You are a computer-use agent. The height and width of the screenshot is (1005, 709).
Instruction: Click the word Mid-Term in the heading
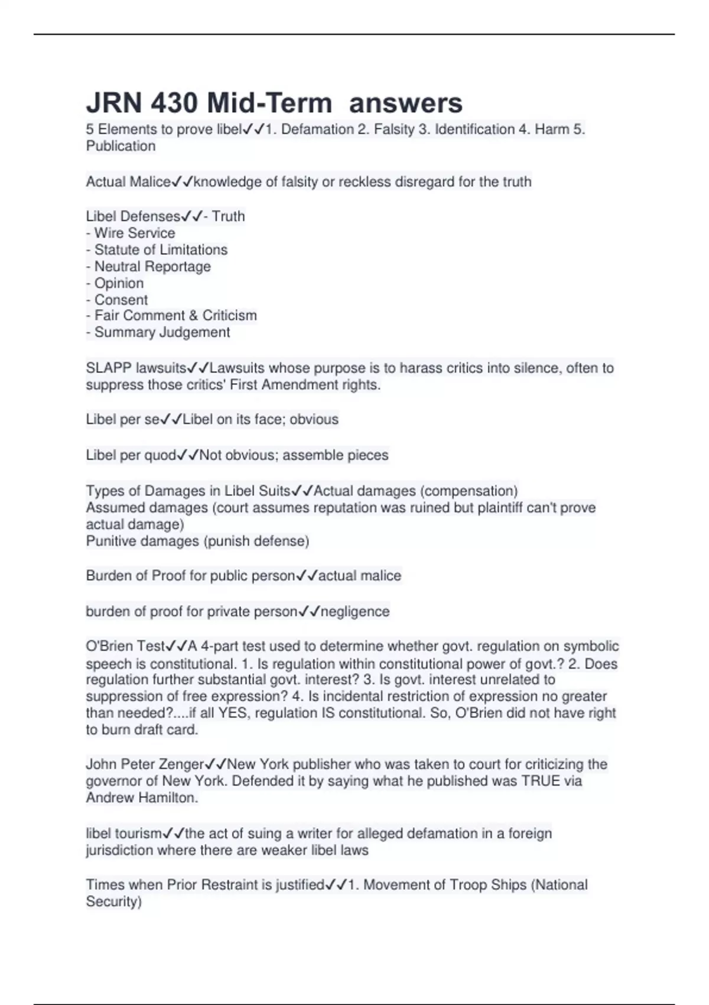(269, 103)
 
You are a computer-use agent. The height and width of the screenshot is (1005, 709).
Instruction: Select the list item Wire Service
(134, 233)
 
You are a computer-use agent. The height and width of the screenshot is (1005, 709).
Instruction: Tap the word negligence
(354, 611)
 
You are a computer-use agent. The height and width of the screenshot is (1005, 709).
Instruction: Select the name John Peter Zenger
(145, 764)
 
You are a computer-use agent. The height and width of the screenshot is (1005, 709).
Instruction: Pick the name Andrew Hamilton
(141, 797)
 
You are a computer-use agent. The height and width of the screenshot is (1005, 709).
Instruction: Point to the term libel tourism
(123, 834)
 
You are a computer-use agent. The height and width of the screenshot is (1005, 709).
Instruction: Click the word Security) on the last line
(113, 902)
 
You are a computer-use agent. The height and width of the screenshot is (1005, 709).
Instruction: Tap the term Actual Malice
(128, 182)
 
